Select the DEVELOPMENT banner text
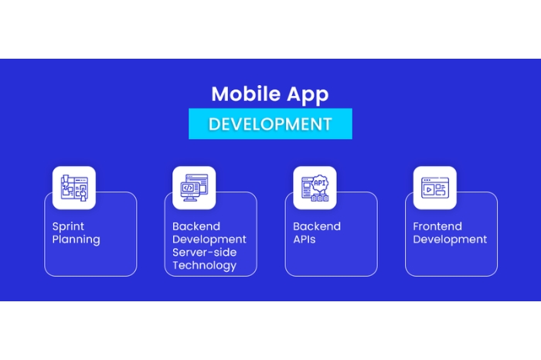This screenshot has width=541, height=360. (x=270, y=124)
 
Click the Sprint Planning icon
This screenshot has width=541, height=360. (x=74, y=188)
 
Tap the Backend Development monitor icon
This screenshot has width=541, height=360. (x=194, y=188)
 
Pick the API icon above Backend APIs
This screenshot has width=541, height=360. (x=315, y=188)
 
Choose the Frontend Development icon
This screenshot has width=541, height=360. (x=434, y=188)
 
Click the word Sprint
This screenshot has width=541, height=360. (x=68, y=226)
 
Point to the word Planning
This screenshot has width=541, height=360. (x=76, y=239)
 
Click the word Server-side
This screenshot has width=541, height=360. (x=204, y=253)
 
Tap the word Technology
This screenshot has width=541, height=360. (x=204, y=266)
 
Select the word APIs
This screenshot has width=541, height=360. (x=304, y=239)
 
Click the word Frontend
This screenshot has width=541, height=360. (x=437, y=226)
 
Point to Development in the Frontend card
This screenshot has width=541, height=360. (x=450, y=239)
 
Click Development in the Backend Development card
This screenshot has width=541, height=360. (x=209, y=239)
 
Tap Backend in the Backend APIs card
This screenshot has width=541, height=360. (x=317, y=226)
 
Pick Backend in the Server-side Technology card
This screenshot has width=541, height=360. (x=196, y=226)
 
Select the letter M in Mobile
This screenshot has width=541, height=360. (x=219, y=94)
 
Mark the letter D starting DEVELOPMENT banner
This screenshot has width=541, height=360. (x=214, y=124)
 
